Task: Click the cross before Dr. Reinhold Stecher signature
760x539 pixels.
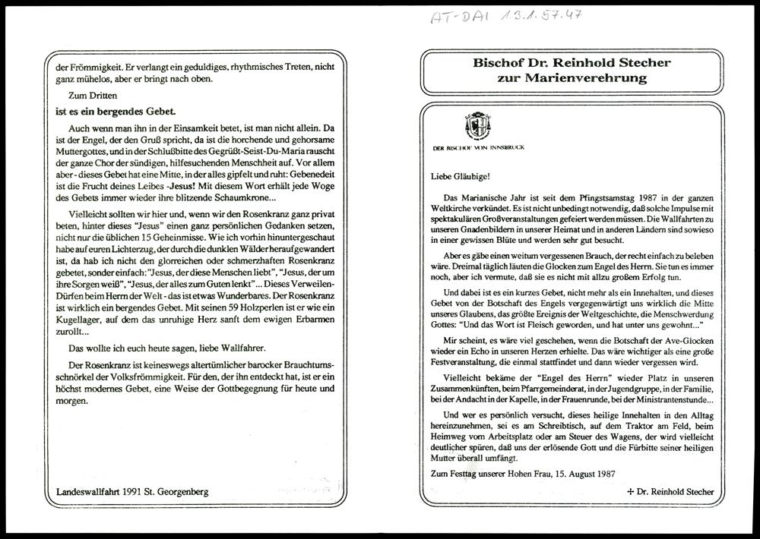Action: tap(629, 492)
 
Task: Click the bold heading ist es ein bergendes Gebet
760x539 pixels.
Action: tap(118, 112)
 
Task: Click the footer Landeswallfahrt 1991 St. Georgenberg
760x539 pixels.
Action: tap(133, 491)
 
